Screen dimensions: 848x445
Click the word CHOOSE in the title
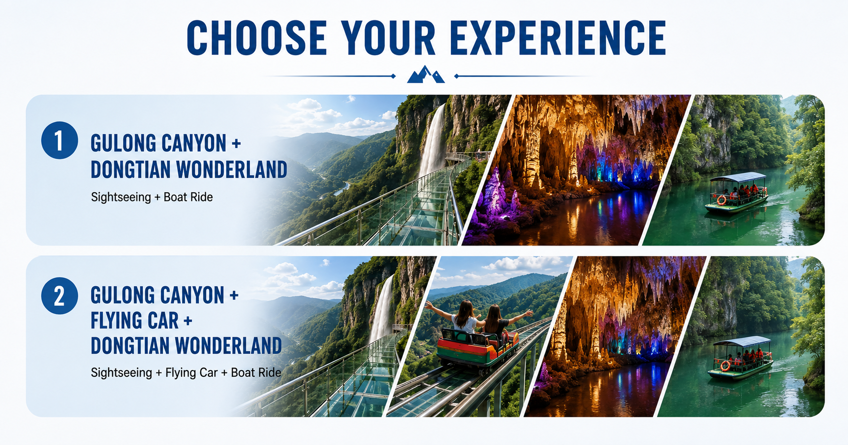click(x=257, y=38)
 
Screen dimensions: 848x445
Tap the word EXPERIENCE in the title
click(x=558, y=38)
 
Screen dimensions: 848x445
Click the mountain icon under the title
click(x=425, y=74)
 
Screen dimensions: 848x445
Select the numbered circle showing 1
click(x=59, y=140)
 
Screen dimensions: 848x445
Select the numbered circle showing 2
click(x=59, y=296)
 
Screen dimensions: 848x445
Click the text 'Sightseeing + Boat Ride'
click(x=152, y=197)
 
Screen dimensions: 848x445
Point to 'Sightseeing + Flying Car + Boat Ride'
click(x=186, y=372)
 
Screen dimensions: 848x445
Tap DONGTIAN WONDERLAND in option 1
click(x=189, y=170)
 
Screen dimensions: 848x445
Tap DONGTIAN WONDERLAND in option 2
click(x=187, y=346)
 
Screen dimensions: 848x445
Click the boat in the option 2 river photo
click(x=740, y=358)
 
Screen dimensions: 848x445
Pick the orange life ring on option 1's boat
click(x=722, y=200)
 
